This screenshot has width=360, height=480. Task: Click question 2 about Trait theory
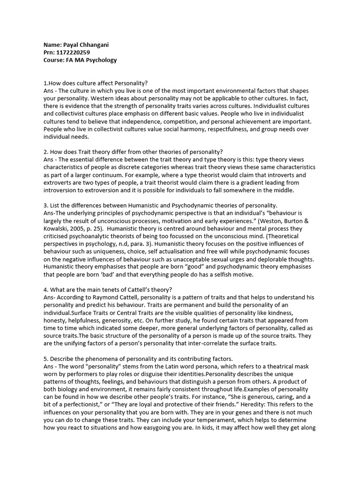[x=133, y=151]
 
